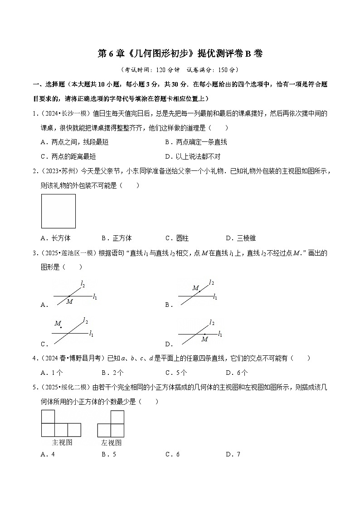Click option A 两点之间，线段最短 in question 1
click(74, 142)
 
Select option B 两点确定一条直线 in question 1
click(196, 142)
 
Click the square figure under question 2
click(58, 211)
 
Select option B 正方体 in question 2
click(117, 238)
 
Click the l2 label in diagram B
click(211, 283)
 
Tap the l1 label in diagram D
click(220, 334)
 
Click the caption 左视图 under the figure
click(111, 443)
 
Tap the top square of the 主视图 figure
click(48, 417)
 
